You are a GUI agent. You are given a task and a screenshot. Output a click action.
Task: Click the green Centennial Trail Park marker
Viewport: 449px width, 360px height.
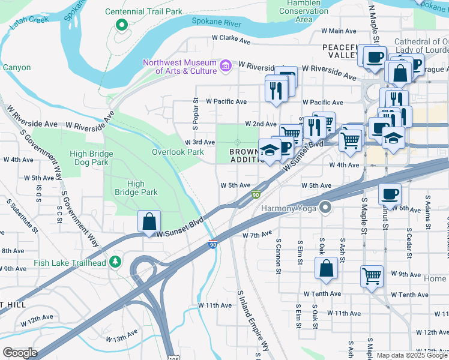click(121, 25)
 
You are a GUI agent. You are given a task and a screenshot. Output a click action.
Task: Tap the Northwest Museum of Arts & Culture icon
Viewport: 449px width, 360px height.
click(226, 65)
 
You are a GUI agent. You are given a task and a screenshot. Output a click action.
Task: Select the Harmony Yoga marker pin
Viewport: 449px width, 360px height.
click(325, 208)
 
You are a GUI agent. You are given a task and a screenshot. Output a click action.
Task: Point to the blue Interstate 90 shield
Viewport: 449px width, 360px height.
click(212, 244)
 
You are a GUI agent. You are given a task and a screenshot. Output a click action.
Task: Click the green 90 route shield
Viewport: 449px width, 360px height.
click(256, 194)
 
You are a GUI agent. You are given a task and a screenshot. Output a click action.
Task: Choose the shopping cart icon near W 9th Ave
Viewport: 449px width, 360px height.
click(372, 276)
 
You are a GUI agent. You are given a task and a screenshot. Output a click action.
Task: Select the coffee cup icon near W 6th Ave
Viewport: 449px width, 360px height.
click(390, 194)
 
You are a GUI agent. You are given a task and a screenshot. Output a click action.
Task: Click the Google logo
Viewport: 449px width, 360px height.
click(19, 353)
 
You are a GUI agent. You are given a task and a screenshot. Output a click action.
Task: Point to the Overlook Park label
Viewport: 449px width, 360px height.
click(178, 152)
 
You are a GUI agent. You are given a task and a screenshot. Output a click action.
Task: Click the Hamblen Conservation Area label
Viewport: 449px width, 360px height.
click(304, 11)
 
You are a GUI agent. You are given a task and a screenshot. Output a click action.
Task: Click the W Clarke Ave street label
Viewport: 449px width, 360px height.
click(231, 40)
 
